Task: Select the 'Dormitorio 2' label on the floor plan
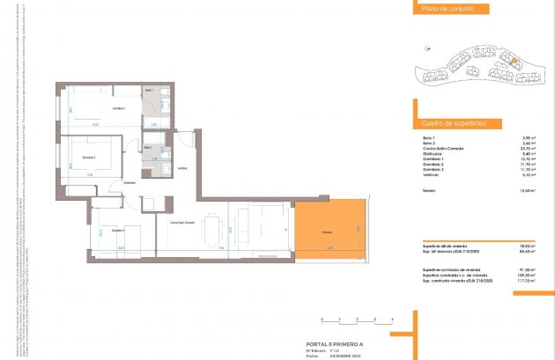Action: [x=89, y=157]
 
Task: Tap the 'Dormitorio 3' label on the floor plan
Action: [x=117, y=230]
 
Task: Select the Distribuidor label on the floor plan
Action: [x=129, y=182]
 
